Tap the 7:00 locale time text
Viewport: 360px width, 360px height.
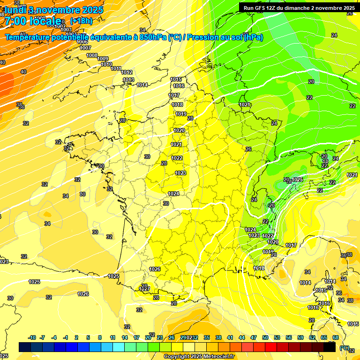(33, 21)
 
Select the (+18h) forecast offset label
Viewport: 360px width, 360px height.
(81, 21)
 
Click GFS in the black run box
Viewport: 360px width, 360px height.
(261, 8)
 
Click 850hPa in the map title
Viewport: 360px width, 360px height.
(153, 37)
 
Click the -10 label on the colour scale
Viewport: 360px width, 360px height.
(32, 337)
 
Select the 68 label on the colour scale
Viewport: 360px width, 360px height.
(336, 337)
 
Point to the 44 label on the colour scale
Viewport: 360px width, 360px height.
(241, 337)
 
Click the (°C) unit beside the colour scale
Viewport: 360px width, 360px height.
(345, 348)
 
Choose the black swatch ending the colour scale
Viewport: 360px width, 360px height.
(330, 347)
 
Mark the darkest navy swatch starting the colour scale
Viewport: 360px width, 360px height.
(25, 347)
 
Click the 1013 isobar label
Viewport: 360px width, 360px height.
(128, 80)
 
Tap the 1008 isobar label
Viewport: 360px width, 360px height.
(92, 55)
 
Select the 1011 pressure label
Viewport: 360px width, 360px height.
(116, 68)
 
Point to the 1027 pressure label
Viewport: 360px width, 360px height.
(144, 289)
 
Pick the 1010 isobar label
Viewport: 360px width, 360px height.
(106, 64)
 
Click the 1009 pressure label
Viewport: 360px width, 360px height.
(103, 59)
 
